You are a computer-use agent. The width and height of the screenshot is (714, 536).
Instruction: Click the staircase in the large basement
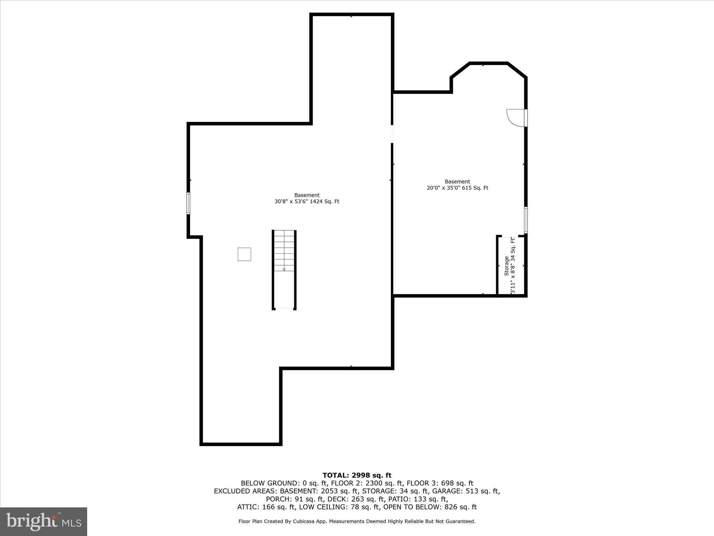pos(284,258)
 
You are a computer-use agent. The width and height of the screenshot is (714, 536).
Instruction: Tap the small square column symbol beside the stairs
pos(244,254)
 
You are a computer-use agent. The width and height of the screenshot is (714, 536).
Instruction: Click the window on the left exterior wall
pos(188,203)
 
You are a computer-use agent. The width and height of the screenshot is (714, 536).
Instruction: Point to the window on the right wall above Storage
pos(526,220)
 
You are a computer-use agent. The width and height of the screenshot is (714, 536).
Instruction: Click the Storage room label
pos(506,266)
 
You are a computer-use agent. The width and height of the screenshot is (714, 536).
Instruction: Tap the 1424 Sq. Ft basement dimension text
pos(307,201)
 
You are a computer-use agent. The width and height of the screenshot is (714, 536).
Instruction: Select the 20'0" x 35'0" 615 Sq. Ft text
pos(457,188)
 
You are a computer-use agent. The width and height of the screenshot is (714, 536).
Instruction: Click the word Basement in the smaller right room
pos(457,181)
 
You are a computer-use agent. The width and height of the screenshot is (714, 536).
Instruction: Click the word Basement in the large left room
pos(307,195)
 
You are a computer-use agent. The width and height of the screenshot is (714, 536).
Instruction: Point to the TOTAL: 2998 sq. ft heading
pos(357,475)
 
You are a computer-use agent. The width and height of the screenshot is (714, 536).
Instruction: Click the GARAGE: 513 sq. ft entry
pos(466,491)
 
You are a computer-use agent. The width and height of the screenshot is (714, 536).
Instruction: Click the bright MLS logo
pos(44,521)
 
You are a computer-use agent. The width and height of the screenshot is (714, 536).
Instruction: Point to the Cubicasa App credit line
pos(357,521)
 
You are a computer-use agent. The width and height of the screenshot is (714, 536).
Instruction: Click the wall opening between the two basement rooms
pos(392,134)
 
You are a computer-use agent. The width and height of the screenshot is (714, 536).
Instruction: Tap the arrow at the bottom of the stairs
pos(284,269)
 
